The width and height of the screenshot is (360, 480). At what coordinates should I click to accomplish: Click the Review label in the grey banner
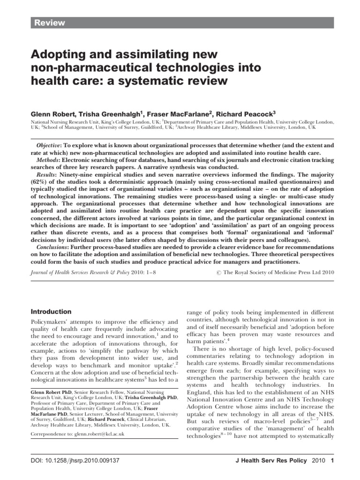pyautogui.click(x=48, y=23)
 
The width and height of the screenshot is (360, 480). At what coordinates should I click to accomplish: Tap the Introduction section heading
pyautogui.click(x=51, y=312)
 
